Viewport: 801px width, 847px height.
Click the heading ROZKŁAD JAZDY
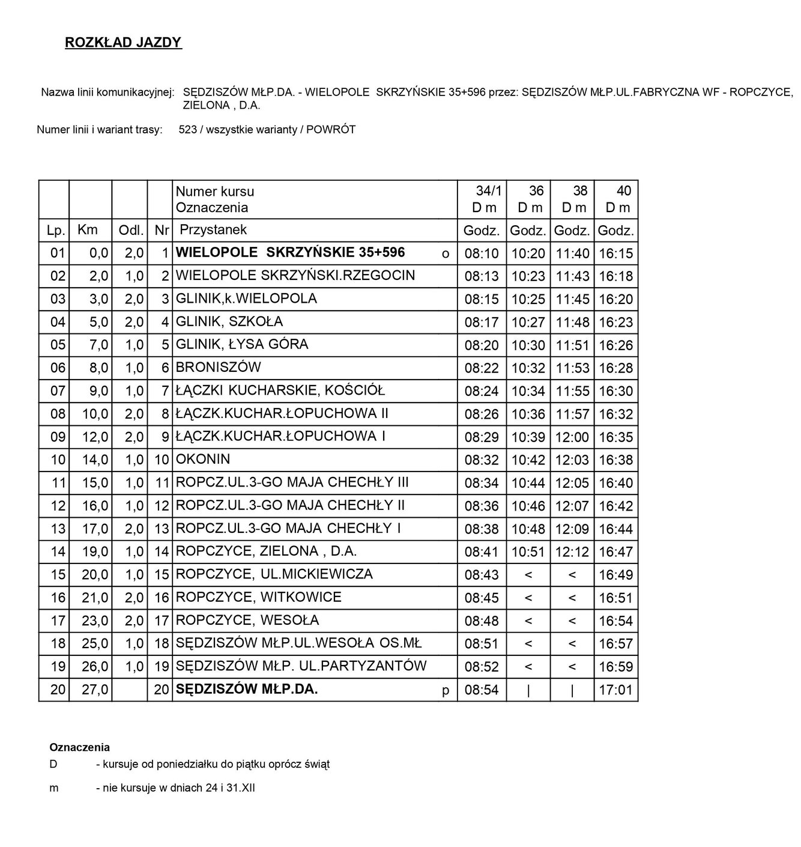[123, 43]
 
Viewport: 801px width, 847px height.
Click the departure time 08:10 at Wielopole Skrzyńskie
[482, 253]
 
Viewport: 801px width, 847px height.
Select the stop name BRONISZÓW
[218, 367]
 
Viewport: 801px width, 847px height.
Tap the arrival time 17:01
[616, 690]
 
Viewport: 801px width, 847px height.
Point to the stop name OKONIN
[203, 459]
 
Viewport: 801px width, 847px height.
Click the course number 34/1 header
[489, 191]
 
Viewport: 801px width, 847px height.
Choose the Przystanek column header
[213, 229]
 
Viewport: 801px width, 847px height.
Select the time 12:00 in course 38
[572, 437]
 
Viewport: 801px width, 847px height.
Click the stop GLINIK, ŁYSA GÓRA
[242, 344]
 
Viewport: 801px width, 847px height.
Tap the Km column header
[88, 229]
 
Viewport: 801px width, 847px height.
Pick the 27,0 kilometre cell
[95, 690]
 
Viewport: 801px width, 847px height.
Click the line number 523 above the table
[188, 130]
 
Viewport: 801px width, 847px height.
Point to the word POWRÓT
[331, 130]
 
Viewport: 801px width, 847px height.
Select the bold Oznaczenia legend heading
[80, 748]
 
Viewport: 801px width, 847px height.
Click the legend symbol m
[54, 788]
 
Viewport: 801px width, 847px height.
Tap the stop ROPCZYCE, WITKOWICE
[259, 597]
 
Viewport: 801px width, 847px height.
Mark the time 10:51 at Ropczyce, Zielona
[528, 552]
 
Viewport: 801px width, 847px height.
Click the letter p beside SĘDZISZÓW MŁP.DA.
[446, 690]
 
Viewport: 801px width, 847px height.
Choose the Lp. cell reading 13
[58, 529]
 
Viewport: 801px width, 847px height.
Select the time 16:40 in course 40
[616, 483]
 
